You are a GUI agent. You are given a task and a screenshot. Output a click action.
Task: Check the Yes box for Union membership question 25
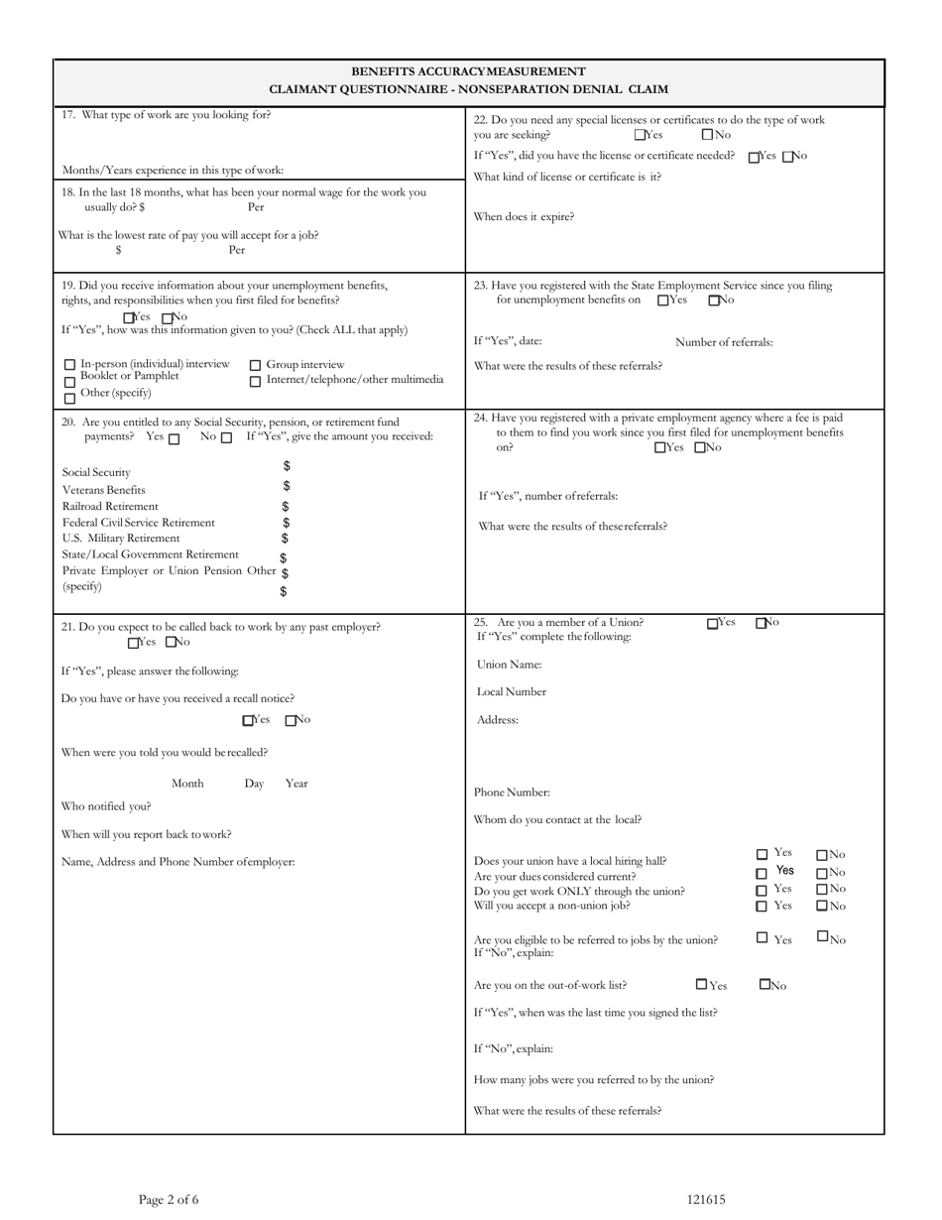pyautogui.click(x=713, y=624)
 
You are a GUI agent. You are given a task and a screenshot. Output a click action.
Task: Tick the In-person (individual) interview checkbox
pyautogui.click(x=69, y=365)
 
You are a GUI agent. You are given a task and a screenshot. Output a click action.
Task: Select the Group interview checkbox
pyautogui.click(x=255, y=365)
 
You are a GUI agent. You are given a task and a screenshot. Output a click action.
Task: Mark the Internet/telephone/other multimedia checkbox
pyautogui.click(x=255, y=381)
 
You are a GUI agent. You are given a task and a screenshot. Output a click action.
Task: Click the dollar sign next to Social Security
pyautogui.click(x=287, y=466)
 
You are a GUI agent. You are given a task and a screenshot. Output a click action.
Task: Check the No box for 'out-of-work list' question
pyautogui.click(x=765, y=985)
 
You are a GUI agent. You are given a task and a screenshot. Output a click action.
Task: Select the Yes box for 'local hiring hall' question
pyautogui.click(x=762, y=854)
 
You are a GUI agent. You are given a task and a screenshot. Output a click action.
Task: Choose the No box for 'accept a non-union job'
pyautogui.click(x=822, y=906)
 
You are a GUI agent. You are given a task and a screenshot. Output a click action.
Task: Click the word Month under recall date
pyautogui.click(x=187, y=784)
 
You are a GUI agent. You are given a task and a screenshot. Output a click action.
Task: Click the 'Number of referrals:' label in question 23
pyautogui.click(x=724, y=342)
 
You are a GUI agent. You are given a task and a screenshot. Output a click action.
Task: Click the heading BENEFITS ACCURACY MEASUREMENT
pyautogui.click(x=468, y=71)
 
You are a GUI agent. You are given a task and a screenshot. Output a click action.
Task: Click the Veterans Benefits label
pyautogui.click(x=104, y=490)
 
